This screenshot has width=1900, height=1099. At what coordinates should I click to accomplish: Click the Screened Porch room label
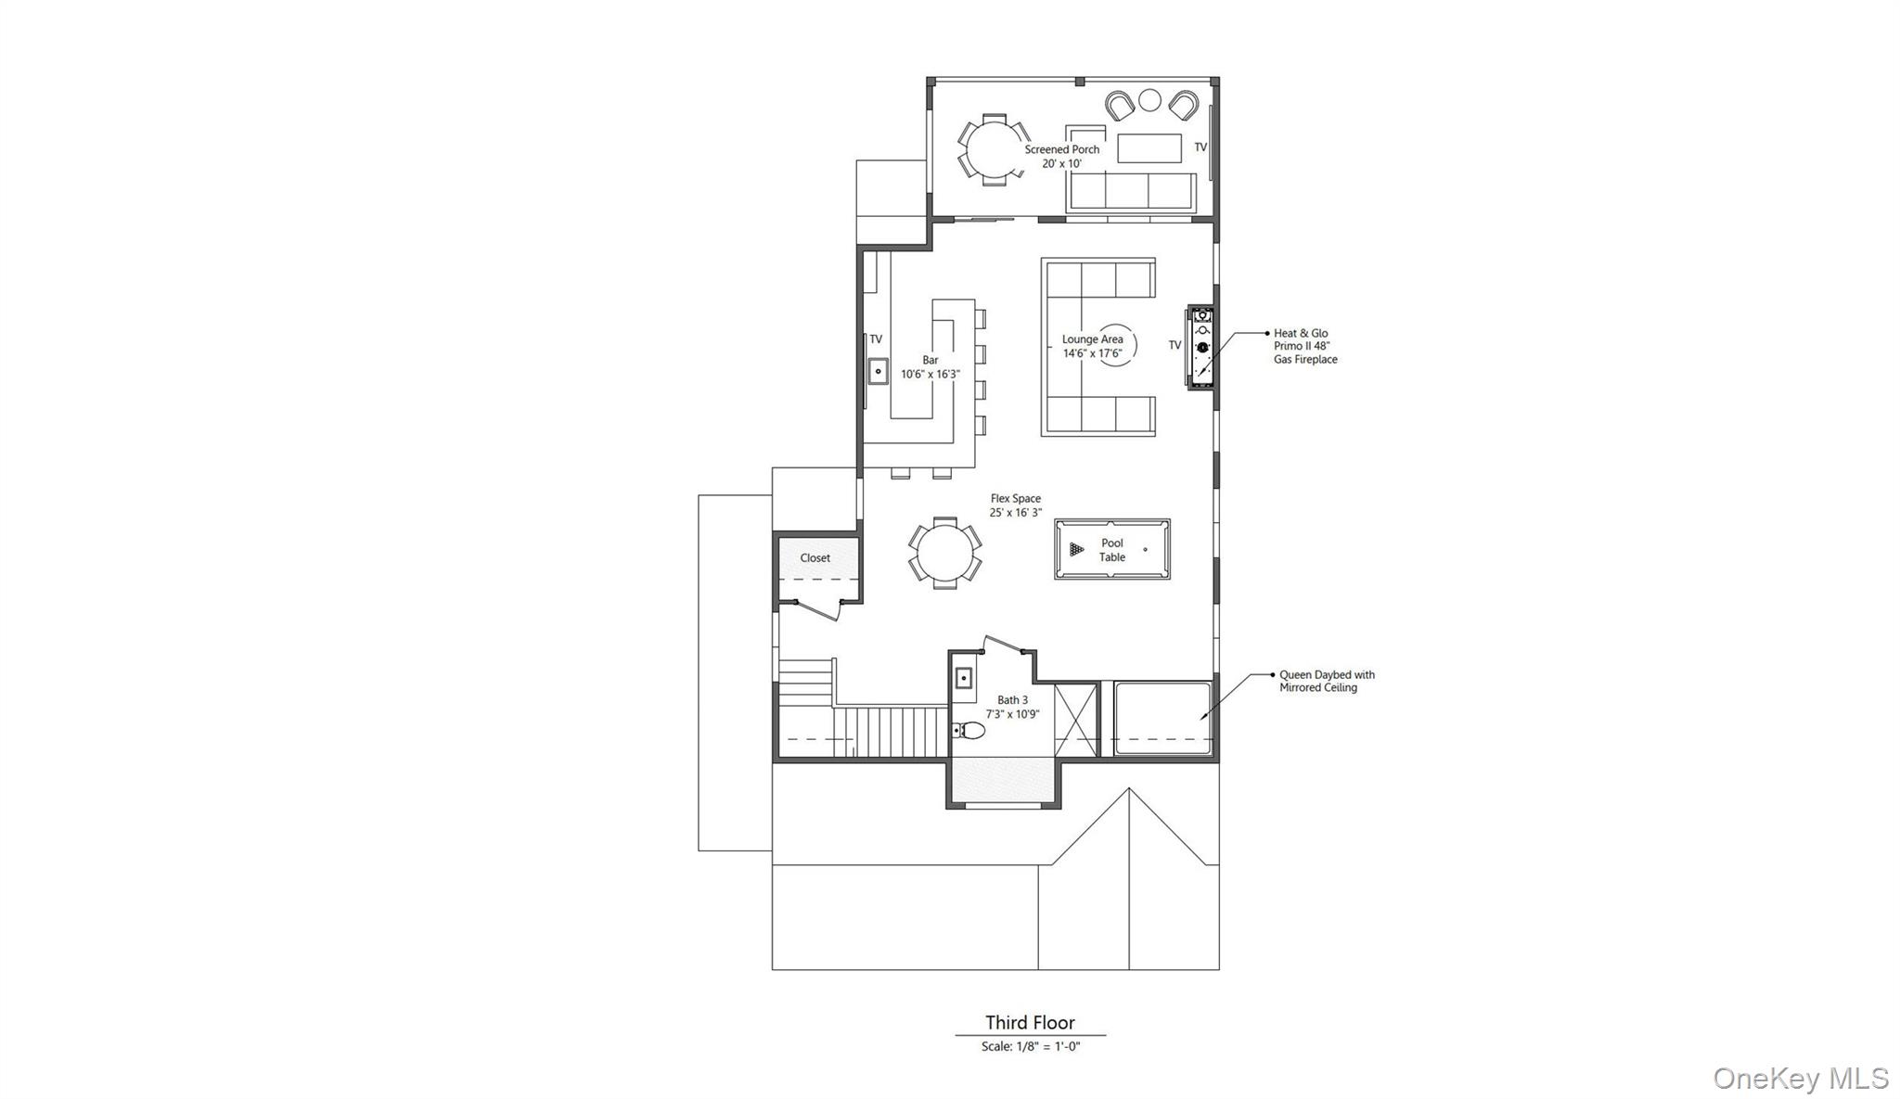coord(1061,149)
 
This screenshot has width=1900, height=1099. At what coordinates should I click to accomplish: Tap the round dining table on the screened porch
coord(993,149)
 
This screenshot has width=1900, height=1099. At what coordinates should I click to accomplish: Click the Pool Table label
coord(1111,550)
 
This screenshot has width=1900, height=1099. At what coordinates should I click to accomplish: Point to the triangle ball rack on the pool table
coord(1076,550)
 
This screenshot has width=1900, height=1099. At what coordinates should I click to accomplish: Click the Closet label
coord(815,558)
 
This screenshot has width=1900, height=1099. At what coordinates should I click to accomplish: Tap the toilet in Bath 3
coord(969,731)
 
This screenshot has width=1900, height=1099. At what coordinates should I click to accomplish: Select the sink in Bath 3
coord(964,679)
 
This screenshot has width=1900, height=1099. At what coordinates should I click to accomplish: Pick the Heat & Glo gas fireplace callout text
coord(1304,346)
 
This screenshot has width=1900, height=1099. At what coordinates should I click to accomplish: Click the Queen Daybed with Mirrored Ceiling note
coord(1326,682)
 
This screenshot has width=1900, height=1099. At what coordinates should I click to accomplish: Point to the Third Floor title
coord(1030,1023)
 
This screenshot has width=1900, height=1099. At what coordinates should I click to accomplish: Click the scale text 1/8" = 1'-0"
coord(1031,1047)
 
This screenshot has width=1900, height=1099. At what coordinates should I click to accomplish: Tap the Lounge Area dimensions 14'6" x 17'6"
coord(1092,353)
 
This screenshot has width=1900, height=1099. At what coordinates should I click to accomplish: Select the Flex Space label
coord(1015,499)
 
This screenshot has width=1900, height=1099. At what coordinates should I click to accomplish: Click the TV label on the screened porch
coord(1200,147)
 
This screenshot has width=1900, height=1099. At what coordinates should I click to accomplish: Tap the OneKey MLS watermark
coord(1800,1079)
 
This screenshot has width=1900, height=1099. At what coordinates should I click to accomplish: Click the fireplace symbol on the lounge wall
coord(1202,349)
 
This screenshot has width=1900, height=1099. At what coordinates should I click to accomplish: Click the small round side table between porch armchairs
coord(1149,99)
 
